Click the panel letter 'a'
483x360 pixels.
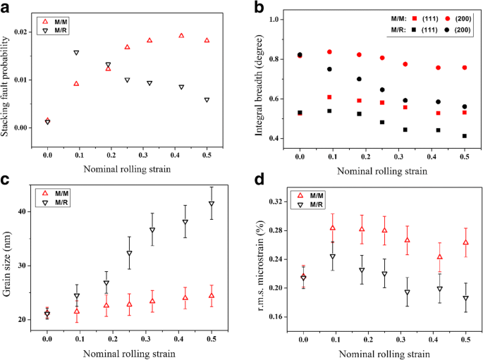(7, 8)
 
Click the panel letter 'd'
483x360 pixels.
(259, 187)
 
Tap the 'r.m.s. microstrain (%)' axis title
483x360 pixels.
(260, 262)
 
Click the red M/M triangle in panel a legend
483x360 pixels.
(44, 22)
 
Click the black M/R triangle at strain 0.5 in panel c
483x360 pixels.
(212, 204)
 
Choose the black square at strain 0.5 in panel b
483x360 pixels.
(465, 136)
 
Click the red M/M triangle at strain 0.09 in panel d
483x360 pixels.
(332, 228)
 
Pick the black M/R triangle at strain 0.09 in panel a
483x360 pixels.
(76, 53)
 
